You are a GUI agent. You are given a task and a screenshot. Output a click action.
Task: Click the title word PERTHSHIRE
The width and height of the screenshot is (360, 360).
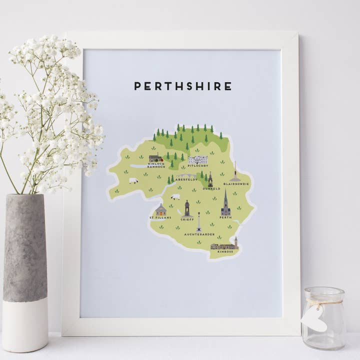(x=182, y=86)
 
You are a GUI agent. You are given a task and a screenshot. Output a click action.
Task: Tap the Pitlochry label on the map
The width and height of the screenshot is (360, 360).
(x=198, y=166)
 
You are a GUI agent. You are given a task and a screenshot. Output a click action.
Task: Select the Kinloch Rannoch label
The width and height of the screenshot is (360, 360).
(x=155, y=165)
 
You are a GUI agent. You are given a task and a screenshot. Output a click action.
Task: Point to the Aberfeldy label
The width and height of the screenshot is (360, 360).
(x=187, y=179)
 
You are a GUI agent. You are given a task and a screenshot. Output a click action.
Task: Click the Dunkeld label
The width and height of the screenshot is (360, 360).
(x=211, y=189)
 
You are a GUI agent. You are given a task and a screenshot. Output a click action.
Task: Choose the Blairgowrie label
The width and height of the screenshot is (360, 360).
(x=236, y=184)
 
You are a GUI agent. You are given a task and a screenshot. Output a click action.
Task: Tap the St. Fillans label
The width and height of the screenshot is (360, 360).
(x=160, y=218)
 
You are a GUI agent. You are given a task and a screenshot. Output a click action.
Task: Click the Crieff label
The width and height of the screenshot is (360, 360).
(x=186, y=219)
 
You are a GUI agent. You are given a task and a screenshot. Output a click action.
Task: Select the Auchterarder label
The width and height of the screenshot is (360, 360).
(x=199, y=234)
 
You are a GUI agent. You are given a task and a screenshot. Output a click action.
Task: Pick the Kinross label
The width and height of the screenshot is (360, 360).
(x=225, y=252)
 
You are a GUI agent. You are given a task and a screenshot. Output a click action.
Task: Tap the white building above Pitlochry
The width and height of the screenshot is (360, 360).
(x=197, y=159)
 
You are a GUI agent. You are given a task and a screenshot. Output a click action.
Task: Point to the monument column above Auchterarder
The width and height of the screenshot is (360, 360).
(x=199, y=222)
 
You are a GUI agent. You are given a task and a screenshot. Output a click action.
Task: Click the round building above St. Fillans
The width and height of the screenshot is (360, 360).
(x=160, y=209)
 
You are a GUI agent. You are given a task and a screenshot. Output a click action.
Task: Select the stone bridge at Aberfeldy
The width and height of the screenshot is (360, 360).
(x=186, y=175)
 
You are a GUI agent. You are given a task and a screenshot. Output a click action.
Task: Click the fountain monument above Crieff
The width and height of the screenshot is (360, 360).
(x=186, y=208)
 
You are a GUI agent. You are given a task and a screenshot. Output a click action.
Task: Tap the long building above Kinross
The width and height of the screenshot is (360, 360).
(x=224, y=245)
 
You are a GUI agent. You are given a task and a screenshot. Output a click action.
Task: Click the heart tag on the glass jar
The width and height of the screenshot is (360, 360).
(x=314, y=318)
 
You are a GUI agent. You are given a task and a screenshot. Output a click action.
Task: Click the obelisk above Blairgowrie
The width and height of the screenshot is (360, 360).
(x=235, y=171)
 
